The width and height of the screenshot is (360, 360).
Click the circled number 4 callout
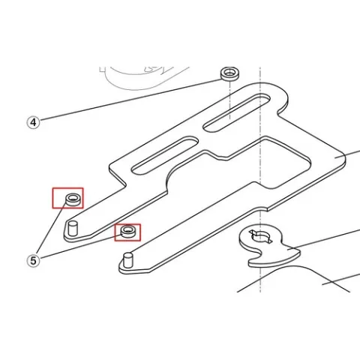(33, 122)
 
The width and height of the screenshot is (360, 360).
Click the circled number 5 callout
(33, 261)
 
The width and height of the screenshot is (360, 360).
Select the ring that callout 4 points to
(230, 73)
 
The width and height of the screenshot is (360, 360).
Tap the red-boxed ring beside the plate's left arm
(73, 199)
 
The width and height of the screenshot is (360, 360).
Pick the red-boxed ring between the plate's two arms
(128, 231)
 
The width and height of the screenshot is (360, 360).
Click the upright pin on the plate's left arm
(73, 228)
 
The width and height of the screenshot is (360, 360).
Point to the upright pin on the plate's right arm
(128, 260)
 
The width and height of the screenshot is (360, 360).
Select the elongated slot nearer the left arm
(165, 155)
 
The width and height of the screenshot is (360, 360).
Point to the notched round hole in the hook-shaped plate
(261, 236)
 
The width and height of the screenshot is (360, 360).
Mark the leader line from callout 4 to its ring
(130, 100)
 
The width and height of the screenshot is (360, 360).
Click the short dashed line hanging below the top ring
(230, 100)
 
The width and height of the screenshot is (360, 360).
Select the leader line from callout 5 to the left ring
(52, 226)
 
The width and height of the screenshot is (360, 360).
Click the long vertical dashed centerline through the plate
(260, 179)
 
